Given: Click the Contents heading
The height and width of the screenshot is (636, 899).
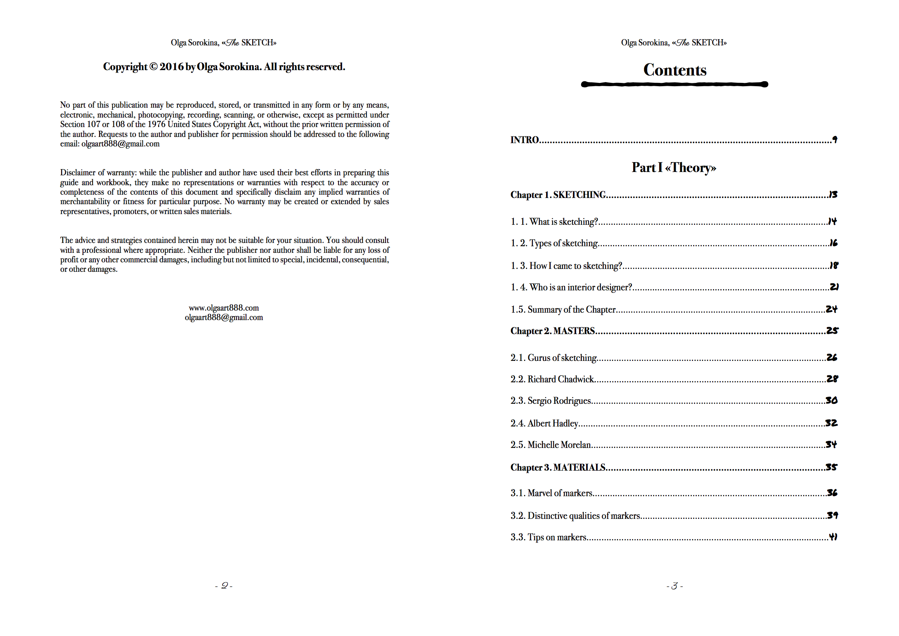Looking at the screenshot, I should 674,70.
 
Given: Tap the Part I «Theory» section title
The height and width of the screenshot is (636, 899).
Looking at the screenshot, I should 674,167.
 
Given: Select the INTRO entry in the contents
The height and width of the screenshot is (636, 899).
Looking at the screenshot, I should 525,140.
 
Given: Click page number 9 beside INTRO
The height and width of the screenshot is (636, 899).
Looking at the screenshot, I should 835,140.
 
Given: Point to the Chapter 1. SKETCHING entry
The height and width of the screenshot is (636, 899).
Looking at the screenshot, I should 558,195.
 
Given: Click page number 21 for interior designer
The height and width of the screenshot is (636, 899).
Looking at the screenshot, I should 834,287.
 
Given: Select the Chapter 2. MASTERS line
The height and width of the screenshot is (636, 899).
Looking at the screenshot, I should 553,331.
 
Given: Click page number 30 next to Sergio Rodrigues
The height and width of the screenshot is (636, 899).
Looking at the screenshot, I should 832,400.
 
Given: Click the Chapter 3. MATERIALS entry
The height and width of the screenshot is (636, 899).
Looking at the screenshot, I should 558,467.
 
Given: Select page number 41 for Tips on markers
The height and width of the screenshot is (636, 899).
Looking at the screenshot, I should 833,537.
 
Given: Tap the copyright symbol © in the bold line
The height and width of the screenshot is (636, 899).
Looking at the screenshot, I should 153,67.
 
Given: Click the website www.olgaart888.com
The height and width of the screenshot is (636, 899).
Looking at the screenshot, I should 224,308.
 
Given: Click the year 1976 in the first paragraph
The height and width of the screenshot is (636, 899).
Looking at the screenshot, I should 156,124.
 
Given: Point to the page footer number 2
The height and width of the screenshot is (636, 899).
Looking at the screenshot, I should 224,586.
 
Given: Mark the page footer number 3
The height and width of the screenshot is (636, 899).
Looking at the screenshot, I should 674,586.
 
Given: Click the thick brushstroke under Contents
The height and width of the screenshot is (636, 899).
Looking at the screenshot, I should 674,84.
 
